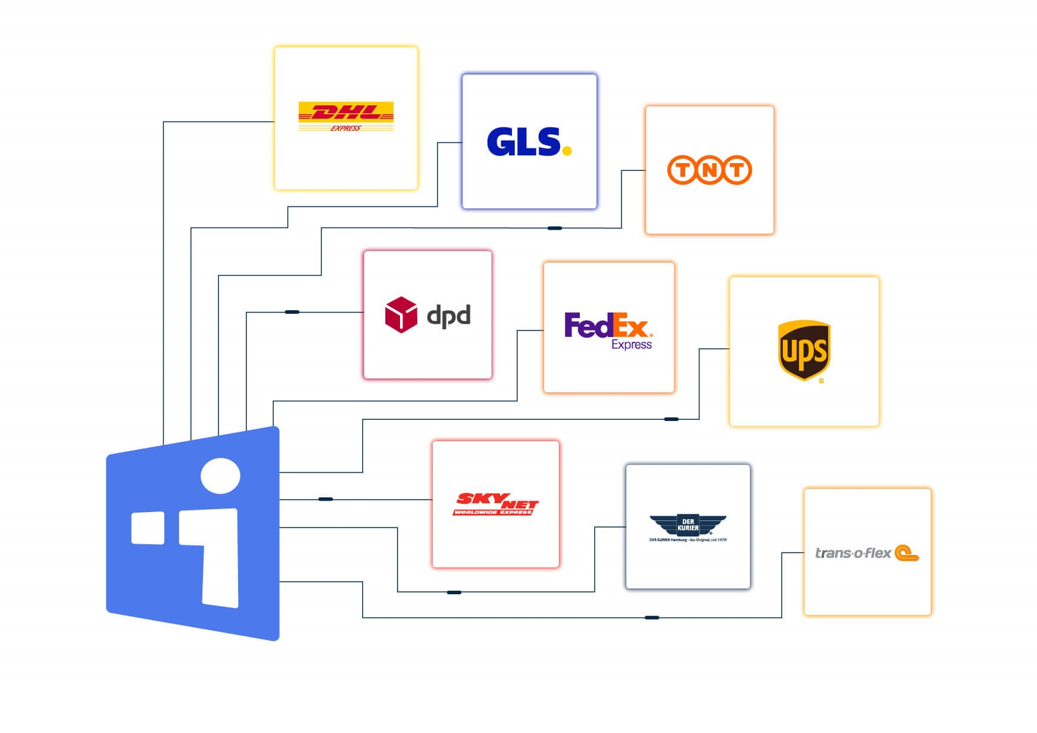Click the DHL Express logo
pyautogui.click(x=346, y=116)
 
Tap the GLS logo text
pyautogui.click(x=523, y=142)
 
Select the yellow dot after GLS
pyautogui.click(x=567, y=151)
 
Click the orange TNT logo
pyautogui.click(x=709, y=170)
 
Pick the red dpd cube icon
pyautogui.click(x=401, y=314)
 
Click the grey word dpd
pyautogui.click(x=449, y=316)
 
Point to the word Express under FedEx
pyautogui.click(x=632, y=344)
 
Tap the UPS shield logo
pyautogui.click(x=804, y=350)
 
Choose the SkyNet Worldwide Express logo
pyautogui.click(x=496, y=504)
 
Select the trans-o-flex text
pyautogui.click(x=852, y=553)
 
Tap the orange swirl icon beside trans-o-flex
pyautogui.click(x=907, y=553)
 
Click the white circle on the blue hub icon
pyautogui.click(x=220, y=476)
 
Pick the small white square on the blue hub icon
pyautogui.click(x=148, y=528)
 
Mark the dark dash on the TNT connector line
pyautogui.click(x=554, y=228)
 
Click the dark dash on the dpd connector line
pyautogui.click(x=292, y=312)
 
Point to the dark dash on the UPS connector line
pyautogui.click(x=671, y=419)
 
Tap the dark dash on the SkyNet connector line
pyautogui.click(x=326, y=499)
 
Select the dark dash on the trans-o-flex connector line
pyautogui.click(x=652, y=617)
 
